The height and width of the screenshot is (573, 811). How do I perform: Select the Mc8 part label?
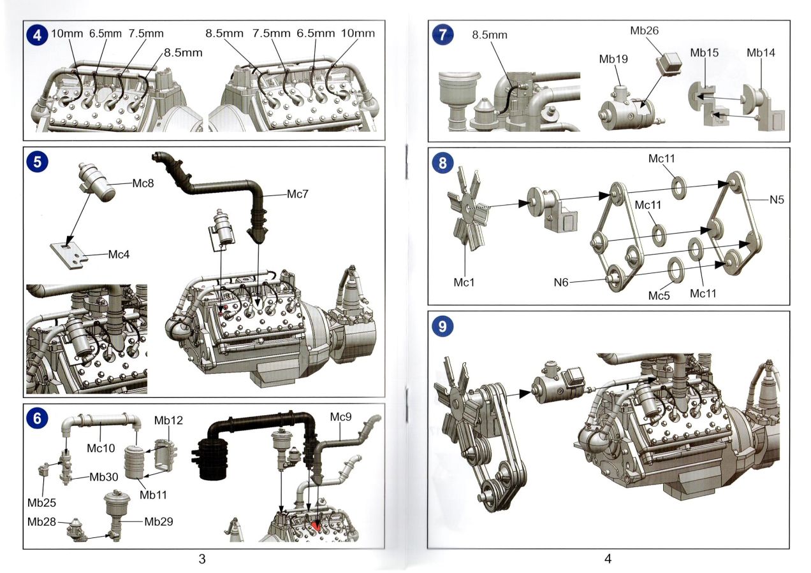point(143,184)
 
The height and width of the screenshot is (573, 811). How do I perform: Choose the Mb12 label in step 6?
point(168,421)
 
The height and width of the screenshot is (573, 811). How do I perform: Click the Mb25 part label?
point(41,502)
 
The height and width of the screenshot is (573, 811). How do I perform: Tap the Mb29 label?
point(158,521)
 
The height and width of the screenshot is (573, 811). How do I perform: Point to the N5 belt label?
point(777,199)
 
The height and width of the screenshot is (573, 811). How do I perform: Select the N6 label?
point(561,281)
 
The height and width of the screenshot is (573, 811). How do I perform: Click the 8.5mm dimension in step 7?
point(489,35)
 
